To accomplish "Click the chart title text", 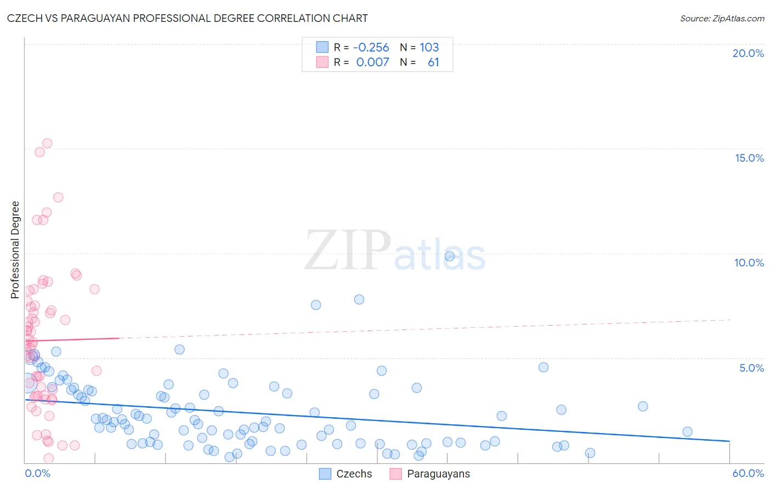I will [188, 18].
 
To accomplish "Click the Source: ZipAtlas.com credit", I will [722, 18].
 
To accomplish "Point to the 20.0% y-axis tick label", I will [748, 53].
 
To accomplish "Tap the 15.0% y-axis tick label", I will [749, 158].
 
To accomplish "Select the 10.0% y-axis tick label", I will [749, 263].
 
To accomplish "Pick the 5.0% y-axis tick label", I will [751, 368].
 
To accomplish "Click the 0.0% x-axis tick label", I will [37, 473].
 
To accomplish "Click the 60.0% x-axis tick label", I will [748, 473].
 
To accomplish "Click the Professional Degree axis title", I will [15, 250].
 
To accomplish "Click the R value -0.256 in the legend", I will [371, 47].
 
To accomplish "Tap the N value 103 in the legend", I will [429, 47].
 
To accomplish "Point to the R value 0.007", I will [373, 62].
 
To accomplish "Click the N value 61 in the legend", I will [433, 62].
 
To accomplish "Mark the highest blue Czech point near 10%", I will [450, 256].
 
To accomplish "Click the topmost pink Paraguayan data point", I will [47, 143].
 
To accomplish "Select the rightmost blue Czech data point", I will [687, 431].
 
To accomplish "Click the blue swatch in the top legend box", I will [322, 47].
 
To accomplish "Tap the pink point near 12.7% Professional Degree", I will [58, 197].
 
